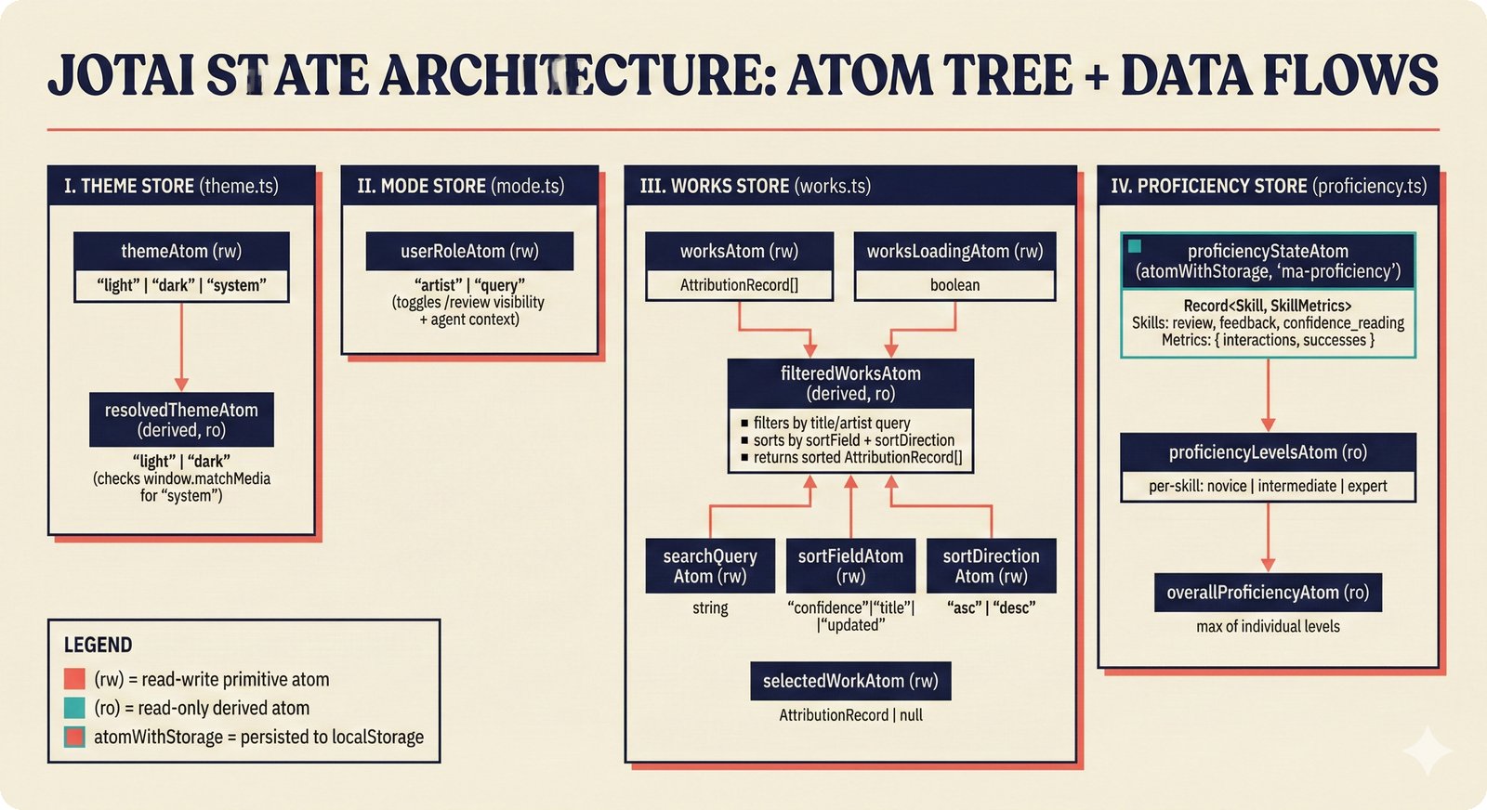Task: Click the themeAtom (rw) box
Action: pyautogui.click(x=181, y=251)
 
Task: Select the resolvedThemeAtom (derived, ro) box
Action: pyautogui.click(x=181, y=420)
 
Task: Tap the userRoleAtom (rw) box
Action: pyautogui.click(x=469, y=251)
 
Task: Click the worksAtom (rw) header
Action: pyautogui.click(x=739, y=251)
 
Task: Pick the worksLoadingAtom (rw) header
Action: pyautogui.click(x=954, y=251)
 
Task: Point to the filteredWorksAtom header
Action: pyautogui.click(x=850, y=383)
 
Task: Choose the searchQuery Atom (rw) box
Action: pyautogui.click(x=710, y=566)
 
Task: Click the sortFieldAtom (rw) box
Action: pyautogui.click(x=850, y=566)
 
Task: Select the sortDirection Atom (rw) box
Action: pyautogui.click(x=991, y=566)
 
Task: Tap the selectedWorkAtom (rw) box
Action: pyautogui.click(x=850, y=681)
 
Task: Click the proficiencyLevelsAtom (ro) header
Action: pyautogui.click(x=1268, y=452)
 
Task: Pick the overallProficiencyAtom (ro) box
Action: pyautogui.click(x=1268, y=593)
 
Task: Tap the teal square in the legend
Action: pyautogui.click(x=74, y=708)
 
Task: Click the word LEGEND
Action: pyautogui.click(x=98, y=645)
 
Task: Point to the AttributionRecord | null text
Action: pyautogui.click(x=850, y=715)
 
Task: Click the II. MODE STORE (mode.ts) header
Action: pyautogui.click(x=461, y=186)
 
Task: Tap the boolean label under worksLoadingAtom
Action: pyautogui.click(x=954, y=285)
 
